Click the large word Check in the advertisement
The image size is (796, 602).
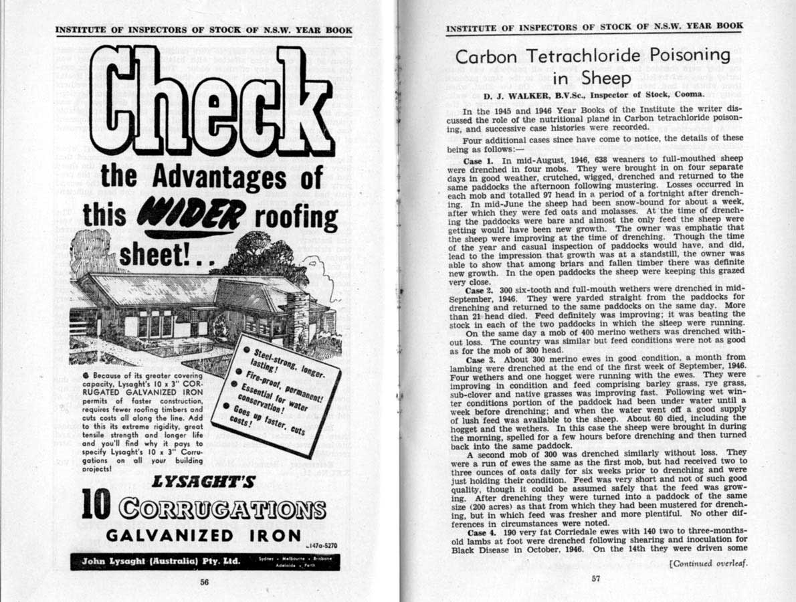[x=211, y=100]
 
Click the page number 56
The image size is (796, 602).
[x=205, y=582]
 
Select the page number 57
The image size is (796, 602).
[x=596, y=579]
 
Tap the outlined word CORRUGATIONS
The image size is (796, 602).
[x=221, y=508]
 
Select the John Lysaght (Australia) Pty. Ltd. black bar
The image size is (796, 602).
[x=204, y=561]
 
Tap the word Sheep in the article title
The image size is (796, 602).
[x=606, y=78]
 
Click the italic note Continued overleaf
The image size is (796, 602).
[x=708, y=563]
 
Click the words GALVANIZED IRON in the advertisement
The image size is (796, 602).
[x=204, y=535]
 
